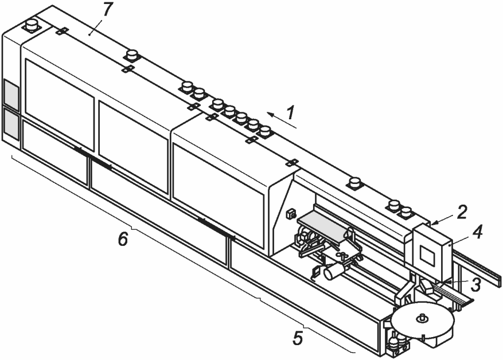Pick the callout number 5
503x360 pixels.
297,337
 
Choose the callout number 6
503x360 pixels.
122,238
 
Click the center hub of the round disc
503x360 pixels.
422,316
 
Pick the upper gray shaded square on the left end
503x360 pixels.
10,92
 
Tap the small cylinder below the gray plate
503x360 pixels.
333,271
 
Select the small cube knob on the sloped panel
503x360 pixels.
290,214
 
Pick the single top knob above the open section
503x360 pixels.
355,183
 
